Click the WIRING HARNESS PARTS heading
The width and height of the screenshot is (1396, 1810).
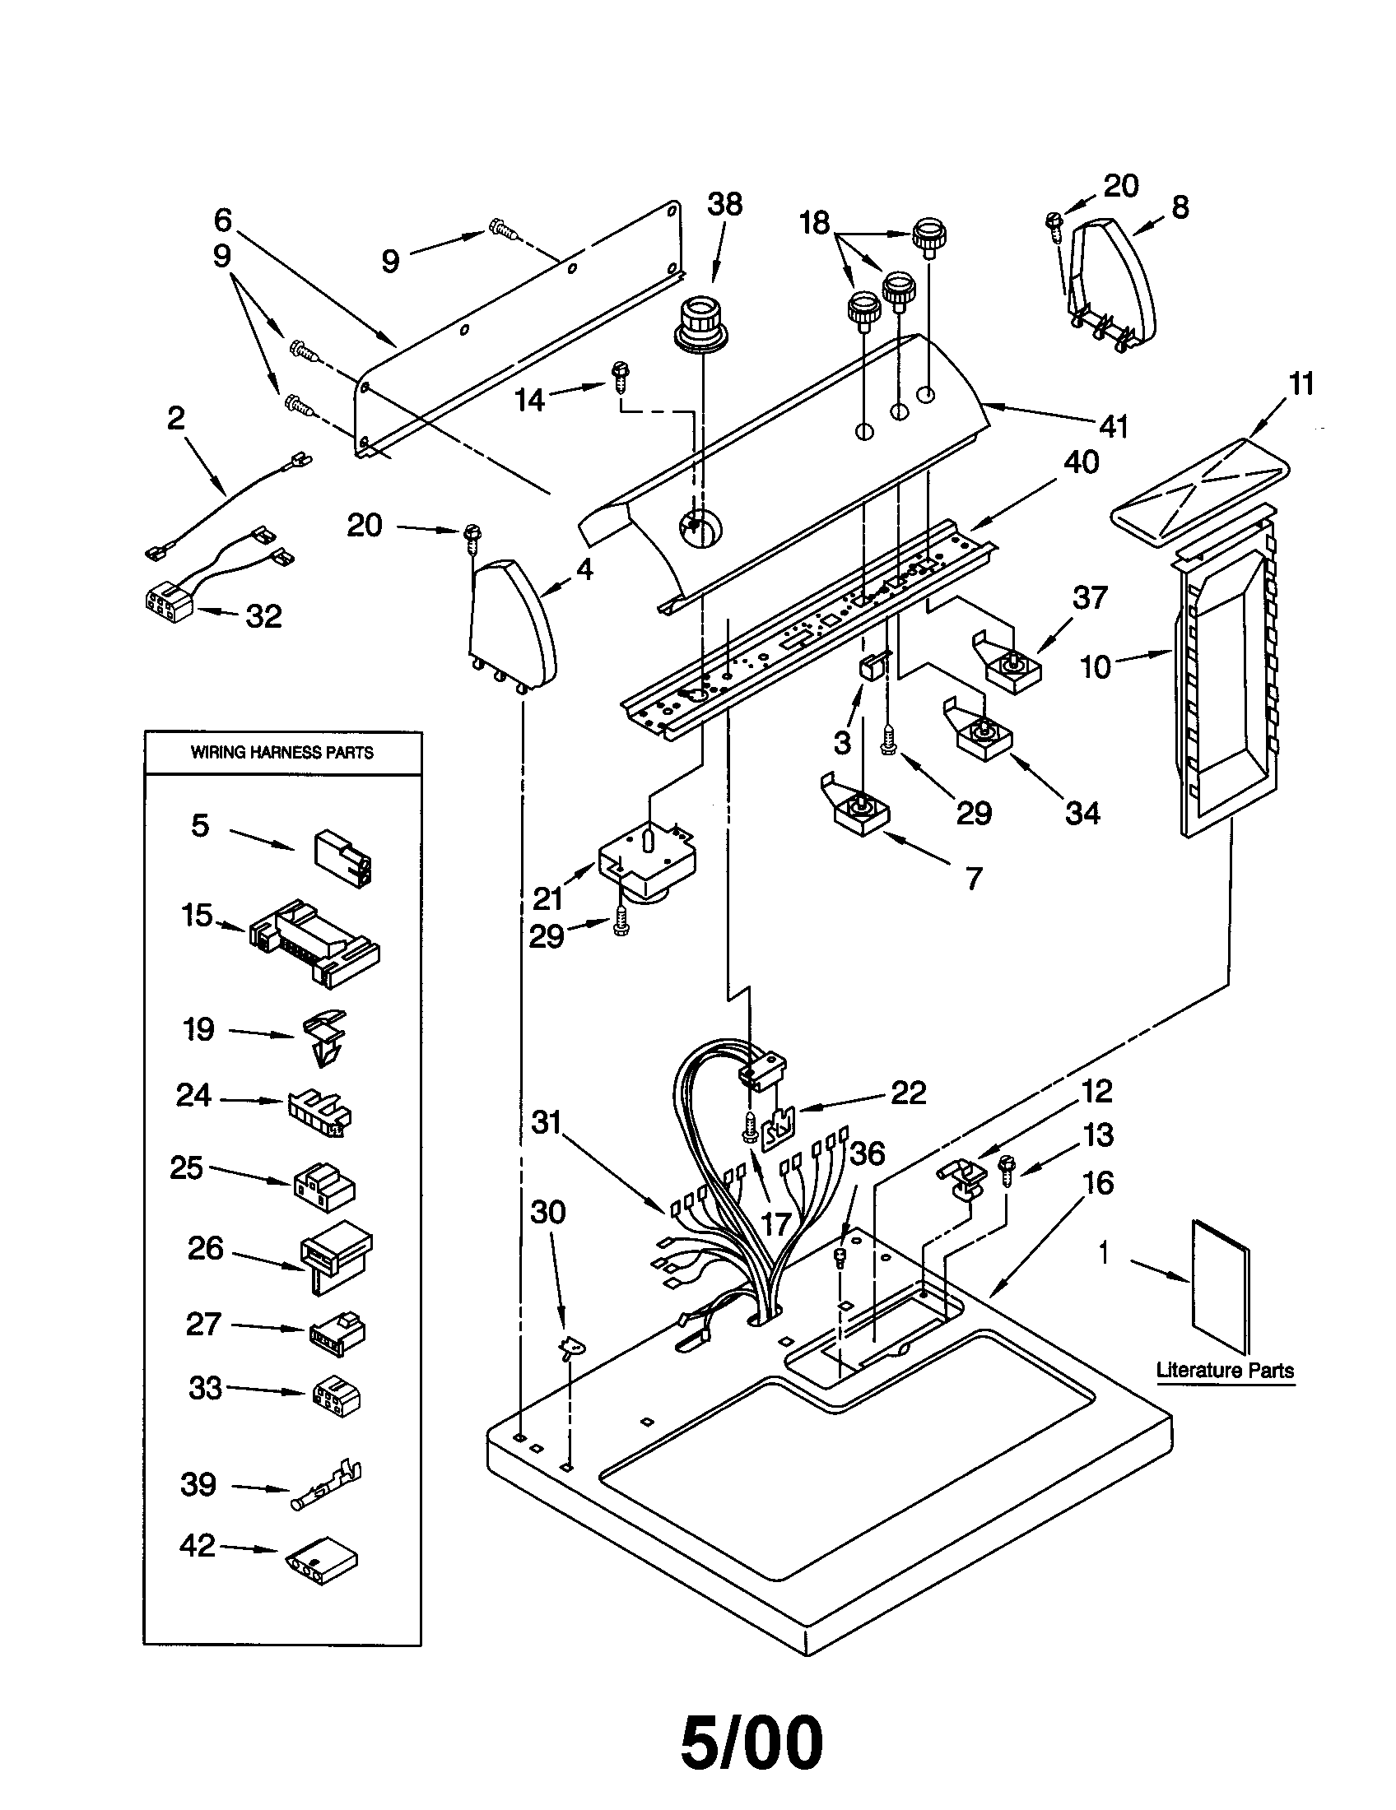click(282, 753)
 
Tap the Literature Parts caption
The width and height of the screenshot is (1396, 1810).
click(1225, 1370)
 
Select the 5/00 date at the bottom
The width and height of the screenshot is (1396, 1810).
click(752, 1743)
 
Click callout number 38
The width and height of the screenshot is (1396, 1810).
click(724, 204)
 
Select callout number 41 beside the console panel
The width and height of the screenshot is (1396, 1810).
click(1114, 426)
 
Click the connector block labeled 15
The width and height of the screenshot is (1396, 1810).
click(315, 942)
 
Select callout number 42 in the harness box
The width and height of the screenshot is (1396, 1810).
click(198, 1545)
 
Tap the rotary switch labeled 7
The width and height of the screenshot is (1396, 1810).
click(860, 812)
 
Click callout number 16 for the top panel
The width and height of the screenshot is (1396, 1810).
click(1097, 1182)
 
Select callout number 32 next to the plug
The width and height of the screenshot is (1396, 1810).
click(263, 615)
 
